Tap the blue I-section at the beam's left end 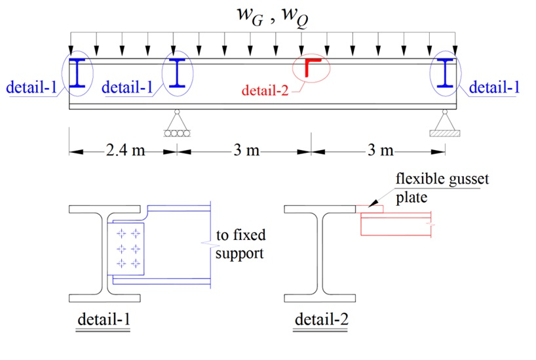pyautogui.click(x=78, y=73)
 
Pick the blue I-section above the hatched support pyautogui.click(x=446, y=73)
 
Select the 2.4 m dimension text pyautogui.click(x=124, y=151)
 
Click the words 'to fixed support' pyautogui.click(x=240, y=244)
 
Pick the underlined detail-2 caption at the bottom pyautogui.click(x=322, y=321)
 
